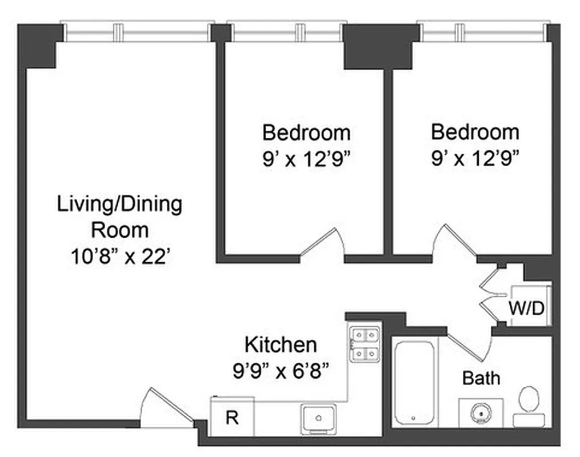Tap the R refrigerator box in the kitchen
[231, 418]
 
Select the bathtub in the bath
[415, 382]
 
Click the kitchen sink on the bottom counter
[319, 419]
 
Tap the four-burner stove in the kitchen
[365, 344]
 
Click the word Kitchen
[280, 345]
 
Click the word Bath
[481, 378]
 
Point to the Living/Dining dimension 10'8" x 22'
[119, 256]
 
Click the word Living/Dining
[119, 204]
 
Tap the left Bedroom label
[306, 133]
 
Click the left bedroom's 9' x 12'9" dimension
[306, 158]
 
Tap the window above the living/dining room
[137, 32]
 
